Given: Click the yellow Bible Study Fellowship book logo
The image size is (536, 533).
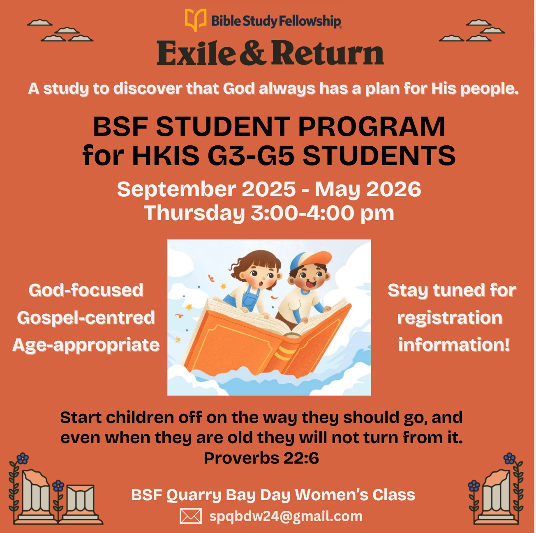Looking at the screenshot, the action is (196, 19).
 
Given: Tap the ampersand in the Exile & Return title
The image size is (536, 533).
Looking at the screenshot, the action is (252, 53).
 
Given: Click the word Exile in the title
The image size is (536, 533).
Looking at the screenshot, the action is (196, 53).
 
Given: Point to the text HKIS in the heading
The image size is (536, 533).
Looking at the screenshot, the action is (166, 155).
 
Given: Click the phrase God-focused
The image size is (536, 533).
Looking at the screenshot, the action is (86, 290).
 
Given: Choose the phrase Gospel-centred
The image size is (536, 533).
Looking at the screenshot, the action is (86, 318).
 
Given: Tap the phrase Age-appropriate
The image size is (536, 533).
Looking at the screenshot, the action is (86, 345).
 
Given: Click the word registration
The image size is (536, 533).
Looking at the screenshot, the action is (450, 318).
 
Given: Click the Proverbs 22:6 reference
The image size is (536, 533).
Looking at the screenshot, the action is (261, 458).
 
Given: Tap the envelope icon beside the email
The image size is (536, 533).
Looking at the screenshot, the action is (191, 516).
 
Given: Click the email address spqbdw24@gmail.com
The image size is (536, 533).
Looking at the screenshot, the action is (286, 516).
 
